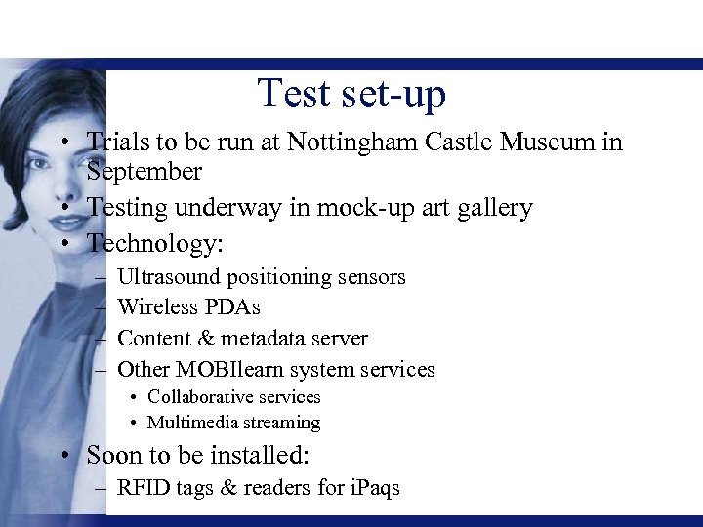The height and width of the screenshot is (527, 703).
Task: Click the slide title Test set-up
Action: click(351, 94)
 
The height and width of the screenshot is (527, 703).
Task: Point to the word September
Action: click(144, 173)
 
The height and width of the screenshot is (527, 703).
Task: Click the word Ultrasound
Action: click(167, 277)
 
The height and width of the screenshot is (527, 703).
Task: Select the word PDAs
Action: click(231, 307)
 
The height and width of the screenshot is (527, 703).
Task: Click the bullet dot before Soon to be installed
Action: click(62, 456)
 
